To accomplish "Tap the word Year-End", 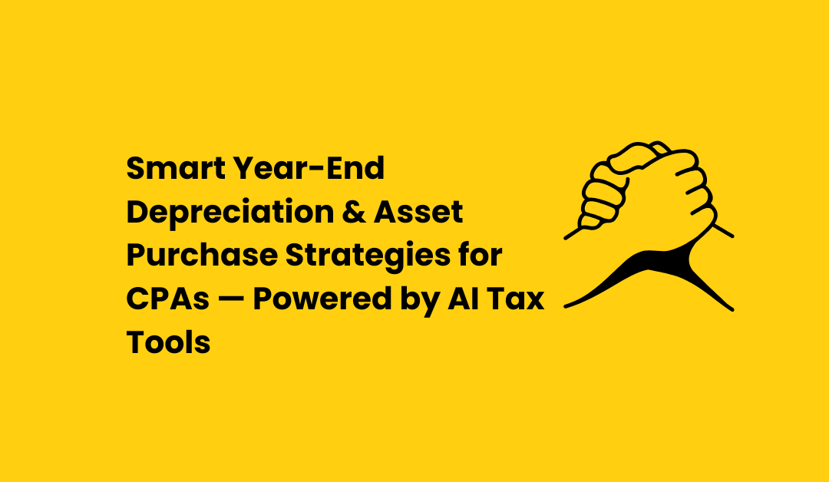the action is click(309, 168).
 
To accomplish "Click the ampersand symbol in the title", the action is click(354, 212).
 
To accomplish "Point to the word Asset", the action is click(418, 212).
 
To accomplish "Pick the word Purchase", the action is click(202, 256).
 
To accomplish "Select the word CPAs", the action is click(168, 299).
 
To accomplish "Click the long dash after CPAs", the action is click(231, 299).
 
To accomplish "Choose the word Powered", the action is click(322, 299).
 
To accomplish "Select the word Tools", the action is click(168, 342).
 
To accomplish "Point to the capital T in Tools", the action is click(137, 342).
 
